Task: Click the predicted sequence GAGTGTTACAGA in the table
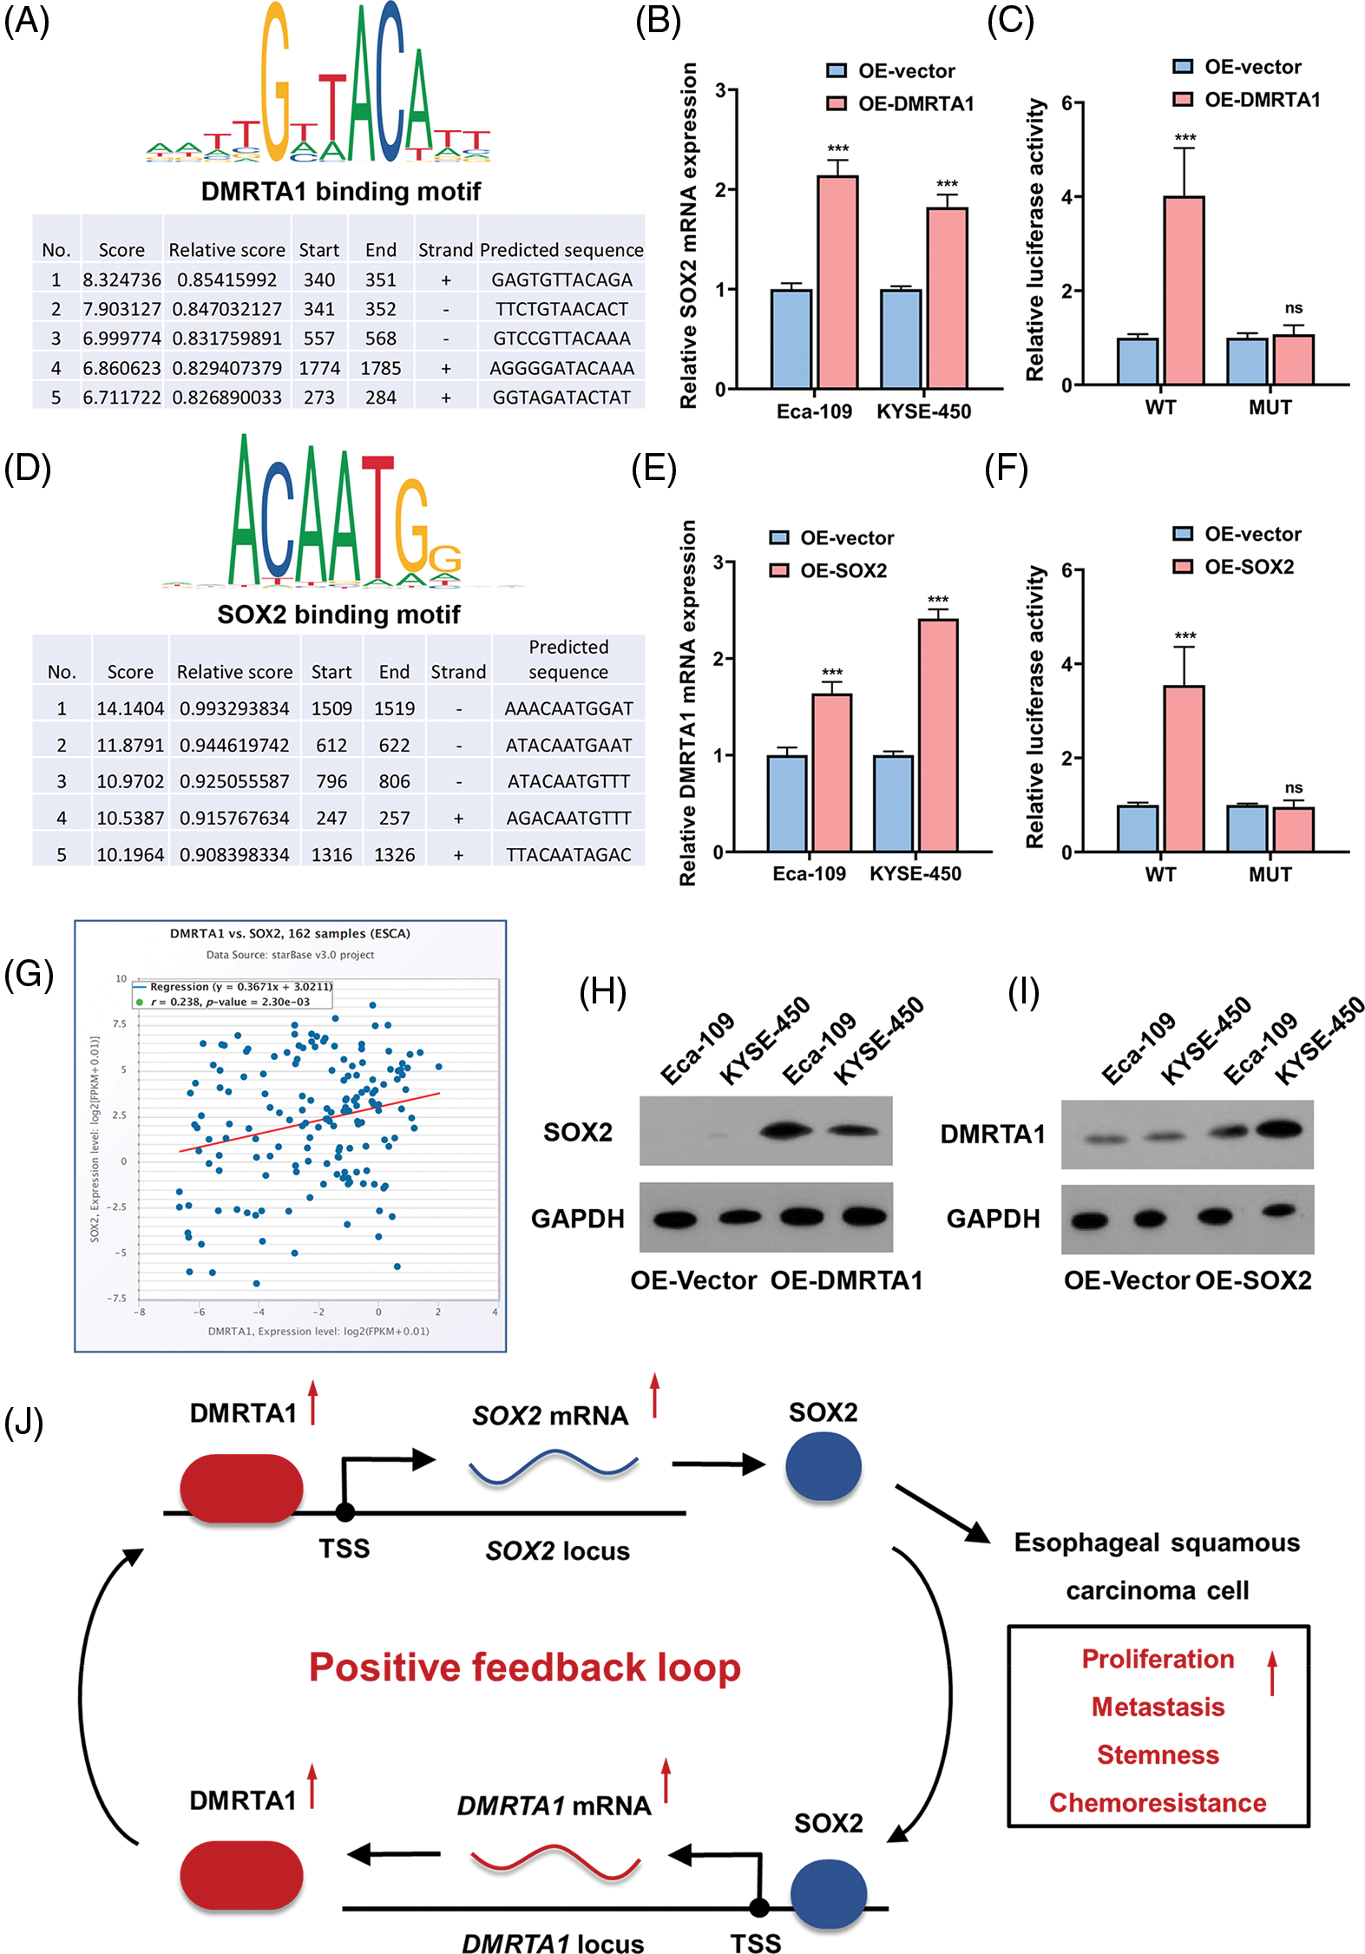[561, 280]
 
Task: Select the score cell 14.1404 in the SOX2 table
[129, 708]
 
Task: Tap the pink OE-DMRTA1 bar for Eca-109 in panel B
[837, 282]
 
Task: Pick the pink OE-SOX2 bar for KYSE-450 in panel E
[937, 734]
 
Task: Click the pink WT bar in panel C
[1184, 290]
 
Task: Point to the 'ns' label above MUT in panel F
[1293, 788]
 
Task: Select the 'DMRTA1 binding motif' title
[340, 191]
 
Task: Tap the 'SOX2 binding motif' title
[338, 615]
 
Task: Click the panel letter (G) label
[29, 974]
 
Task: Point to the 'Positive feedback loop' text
[524, 1668]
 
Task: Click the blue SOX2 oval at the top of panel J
[823, 1466]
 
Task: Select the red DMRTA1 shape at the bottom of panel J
[241, 1877]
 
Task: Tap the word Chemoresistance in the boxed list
[1157, 1803]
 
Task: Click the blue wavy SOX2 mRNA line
[553, 1466]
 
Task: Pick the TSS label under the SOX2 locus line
[344, 1548]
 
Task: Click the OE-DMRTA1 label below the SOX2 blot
[846, 1280]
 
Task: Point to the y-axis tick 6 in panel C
[1066, 103]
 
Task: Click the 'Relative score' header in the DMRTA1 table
[226, 250]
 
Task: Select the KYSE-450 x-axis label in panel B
[923, 411]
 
